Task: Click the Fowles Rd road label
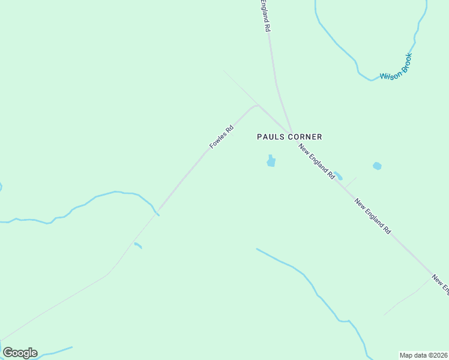221,137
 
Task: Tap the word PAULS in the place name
270,137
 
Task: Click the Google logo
20,353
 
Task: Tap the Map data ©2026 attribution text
424,355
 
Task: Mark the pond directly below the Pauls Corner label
271,161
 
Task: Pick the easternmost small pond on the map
377,166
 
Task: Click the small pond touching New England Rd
338,176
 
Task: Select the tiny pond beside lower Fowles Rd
137,245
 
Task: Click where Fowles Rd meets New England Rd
292,133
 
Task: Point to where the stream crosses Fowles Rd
157,213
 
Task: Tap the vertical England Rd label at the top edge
265,16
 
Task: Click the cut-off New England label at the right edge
441,284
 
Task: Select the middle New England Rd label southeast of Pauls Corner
373,216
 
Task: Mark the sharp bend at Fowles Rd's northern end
257,106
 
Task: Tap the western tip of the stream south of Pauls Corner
258,249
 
